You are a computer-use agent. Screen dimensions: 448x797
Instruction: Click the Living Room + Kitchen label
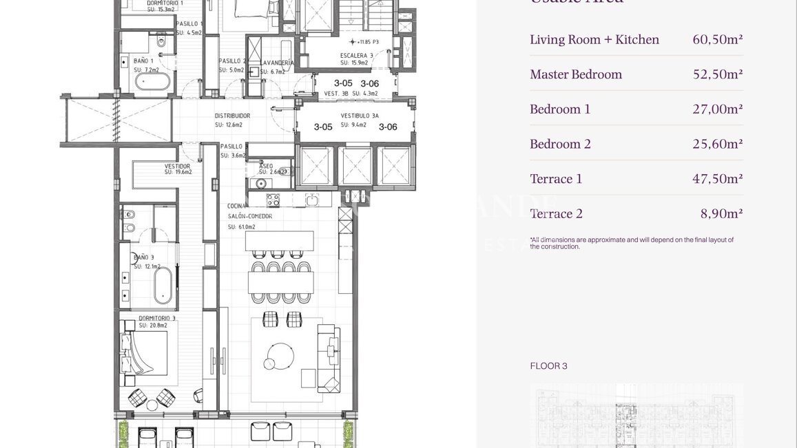[x=594, y=40]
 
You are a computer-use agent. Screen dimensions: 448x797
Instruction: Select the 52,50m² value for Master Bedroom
[x=717, y=74]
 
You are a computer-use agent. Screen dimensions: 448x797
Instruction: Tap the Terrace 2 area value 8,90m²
[x=721, y=213]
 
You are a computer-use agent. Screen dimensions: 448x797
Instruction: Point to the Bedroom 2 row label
[x=560, y=144]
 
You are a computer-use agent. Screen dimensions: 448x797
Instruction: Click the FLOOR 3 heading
[x=548, y=366]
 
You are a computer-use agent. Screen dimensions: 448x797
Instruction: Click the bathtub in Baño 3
[x=163, y=285]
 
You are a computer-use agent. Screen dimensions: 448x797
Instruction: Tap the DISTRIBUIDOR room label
[x=232, y=116]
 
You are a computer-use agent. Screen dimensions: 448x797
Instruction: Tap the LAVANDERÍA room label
[x=277, y=63]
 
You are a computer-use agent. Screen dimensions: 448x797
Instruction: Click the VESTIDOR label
[x=177, y=166]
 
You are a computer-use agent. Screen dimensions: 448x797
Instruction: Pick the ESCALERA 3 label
[x=356, y=55]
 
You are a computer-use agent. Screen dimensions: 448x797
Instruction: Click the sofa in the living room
[x=329, y=359]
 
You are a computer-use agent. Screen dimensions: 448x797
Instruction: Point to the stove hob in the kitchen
[x=273, y=200]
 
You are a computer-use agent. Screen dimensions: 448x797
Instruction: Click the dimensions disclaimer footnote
[x=631, y=243]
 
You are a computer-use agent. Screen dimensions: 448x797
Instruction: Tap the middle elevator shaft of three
[x=356, y=166]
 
